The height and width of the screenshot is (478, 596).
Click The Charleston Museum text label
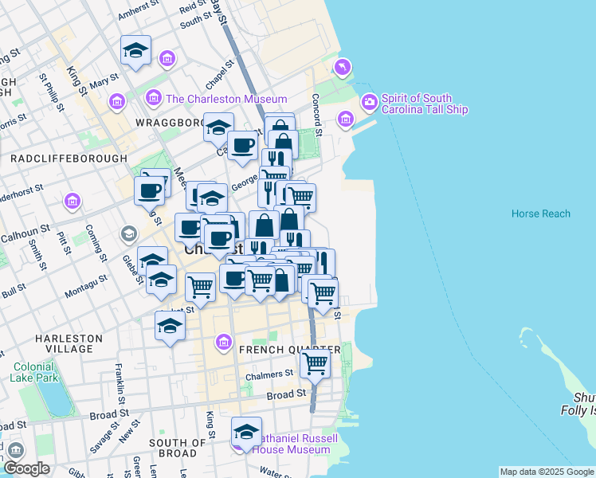coord(225,100)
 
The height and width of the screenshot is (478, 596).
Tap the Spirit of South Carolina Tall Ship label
coord(424,104)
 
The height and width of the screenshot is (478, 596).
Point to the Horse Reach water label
coord(540,214)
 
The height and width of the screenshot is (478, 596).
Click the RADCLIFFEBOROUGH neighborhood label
coord(69,159)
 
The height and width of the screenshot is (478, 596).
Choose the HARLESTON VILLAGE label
coord(69,343)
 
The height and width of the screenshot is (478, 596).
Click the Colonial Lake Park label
coord(33,372)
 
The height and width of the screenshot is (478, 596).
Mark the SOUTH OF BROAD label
coord(178,448)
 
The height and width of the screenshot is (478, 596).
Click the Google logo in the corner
coord(26,468)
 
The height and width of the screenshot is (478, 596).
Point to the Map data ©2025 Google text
coord(546,472)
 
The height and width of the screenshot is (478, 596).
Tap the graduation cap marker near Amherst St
coord(136,49)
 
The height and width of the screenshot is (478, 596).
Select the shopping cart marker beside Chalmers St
coord(315,363)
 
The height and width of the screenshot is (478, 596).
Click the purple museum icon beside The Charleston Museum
coord(155,99)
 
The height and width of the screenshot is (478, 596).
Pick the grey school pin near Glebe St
coord(127,233)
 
